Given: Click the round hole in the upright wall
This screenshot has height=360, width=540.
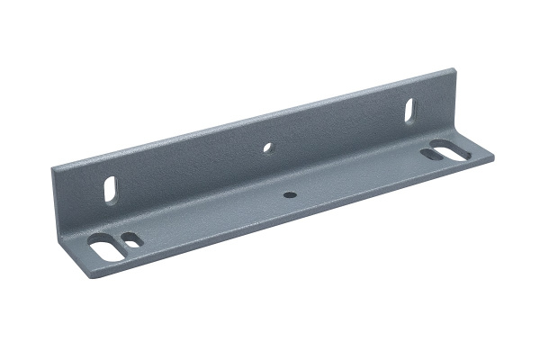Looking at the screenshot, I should (267, 146).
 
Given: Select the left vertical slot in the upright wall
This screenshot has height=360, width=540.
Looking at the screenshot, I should (112, 191).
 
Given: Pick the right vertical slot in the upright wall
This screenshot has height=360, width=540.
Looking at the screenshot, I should (409, 112).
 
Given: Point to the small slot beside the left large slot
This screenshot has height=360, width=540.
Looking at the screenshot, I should (131, 240).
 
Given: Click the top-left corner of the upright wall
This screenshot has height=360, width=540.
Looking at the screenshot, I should (53, 166).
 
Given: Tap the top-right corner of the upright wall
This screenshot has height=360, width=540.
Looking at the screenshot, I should (447, 69).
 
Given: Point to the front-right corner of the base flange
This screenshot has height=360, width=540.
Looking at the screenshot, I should (494, 160).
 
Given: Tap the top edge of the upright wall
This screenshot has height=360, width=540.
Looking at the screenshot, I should (252, 116).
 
